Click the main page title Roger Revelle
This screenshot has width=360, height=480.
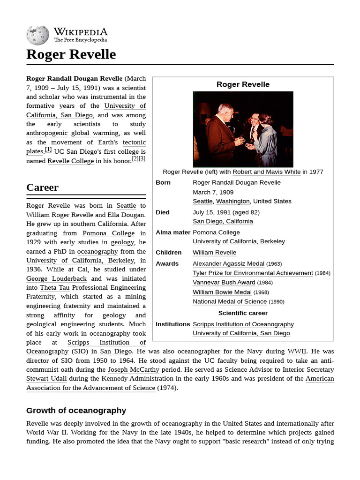pos(71,54)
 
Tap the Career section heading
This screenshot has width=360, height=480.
pos(42,187)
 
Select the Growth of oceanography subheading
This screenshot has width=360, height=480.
pos(76,411)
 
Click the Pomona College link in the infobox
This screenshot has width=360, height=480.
pos(216,232)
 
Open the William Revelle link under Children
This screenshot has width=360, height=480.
pos(214,253)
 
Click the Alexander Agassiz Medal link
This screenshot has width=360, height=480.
pos(228,264)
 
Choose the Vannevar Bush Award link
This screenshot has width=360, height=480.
pos(224,283)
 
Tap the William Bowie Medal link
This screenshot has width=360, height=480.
pos(222,292)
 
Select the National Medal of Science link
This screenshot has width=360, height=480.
pos(230,302)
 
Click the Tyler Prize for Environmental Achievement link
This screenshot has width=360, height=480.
pos(253,273)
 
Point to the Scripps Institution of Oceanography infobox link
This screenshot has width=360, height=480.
pos(243,324)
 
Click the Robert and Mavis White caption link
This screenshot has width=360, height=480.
pos(266,172)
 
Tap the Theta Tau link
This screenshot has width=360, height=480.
pos(54,288)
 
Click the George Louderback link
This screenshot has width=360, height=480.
pos(56,278)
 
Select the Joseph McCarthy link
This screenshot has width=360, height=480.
pos(133,370)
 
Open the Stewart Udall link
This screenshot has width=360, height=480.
pos(46,379)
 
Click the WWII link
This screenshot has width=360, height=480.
pos(297,352)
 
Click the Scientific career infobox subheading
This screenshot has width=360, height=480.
pos(243,313)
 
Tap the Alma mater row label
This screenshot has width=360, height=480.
pos(172,232)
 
